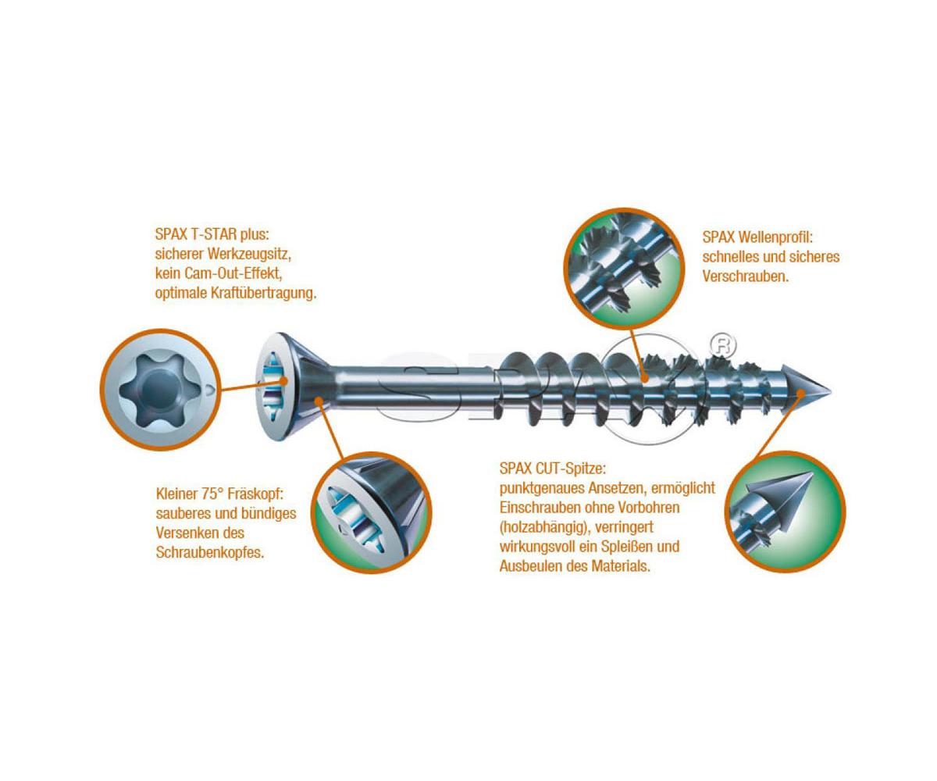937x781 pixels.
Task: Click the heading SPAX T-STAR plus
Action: (212, 234)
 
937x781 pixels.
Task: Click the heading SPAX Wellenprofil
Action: (758, 237)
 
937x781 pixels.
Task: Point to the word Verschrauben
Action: (746, 276)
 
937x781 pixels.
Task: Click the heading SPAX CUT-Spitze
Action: (553, 469)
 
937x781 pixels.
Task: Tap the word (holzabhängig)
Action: (544, 527)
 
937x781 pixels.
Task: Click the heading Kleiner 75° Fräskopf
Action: (220, 494)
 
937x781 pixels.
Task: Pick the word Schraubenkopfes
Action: (210, 552)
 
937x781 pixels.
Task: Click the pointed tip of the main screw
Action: (831, 391)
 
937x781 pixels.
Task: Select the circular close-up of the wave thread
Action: (624, 269)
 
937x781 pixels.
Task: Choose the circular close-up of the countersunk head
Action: (372, 512)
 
